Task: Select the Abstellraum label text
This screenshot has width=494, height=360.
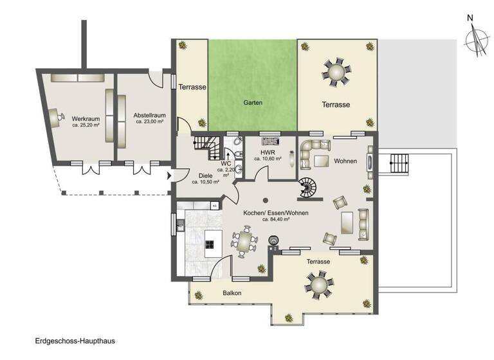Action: [147, 115]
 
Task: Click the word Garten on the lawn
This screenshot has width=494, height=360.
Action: [253, 103]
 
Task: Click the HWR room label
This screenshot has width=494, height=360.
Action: [268, 152]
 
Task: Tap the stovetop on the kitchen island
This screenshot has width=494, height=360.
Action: [210, 244]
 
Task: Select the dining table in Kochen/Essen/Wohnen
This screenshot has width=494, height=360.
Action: [244, 242]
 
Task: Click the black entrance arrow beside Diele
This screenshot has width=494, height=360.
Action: [170, 175]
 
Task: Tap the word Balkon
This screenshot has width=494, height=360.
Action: [232, 292]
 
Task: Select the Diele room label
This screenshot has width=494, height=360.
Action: [205, 175]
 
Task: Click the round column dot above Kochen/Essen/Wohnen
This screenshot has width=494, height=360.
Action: [265, 199]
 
